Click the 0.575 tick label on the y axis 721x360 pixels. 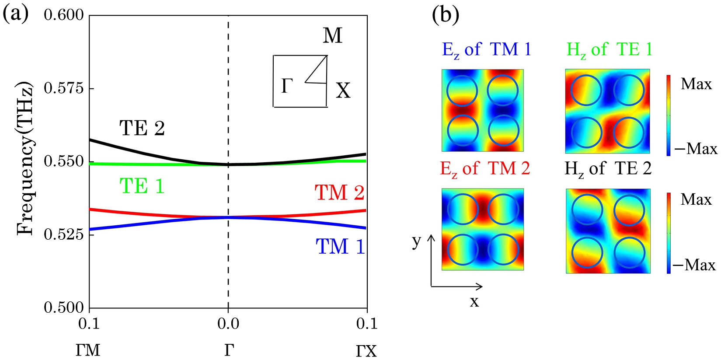click(63, 88)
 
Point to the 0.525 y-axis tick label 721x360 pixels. click(63, 234)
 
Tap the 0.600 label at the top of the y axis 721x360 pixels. click(63, 15)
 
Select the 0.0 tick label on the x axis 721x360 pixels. click(228, 324)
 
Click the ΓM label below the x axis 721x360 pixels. click(88, 350)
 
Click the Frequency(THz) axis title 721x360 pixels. click(25, 158)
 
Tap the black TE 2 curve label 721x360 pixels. click(142, 129)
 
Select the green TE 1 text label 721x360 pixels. click(142, 186)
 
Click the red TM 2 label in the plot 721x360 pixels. click(339, 193)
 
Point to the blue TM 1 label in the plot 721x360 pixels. click(340, 247)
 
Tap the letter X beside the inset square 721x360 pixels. click(343, 91)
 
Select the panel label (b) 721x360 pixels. click(446, 15)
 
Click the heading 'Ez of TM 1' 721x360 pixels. click(487, 49)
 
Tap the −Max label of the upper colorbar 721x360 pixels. click(696, 149)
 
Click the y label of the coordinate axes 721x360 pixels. click(416, 241)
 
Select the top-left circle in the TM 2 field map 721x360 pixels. click(462, 210)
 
